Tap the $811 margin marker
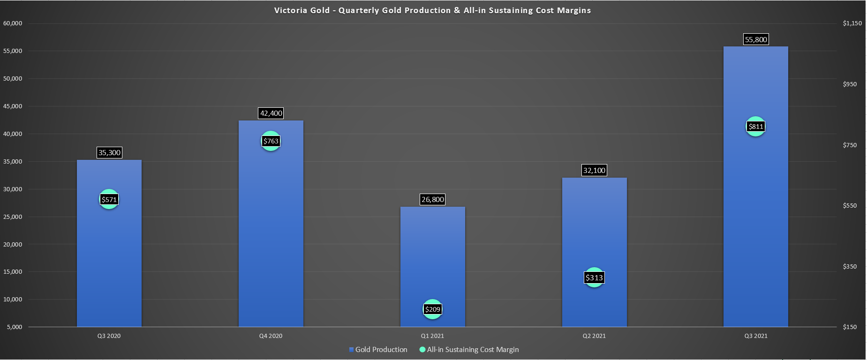[x=755, y=127]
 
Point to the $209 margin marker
[x=432, y=309]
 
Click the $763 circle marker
[x=271, y=141]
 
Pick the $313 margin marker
[x=594, y=277]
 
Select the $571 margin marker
[x=109, y=200]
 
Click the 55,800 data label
[x=755, y=40]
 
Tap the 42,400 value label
[x=271, y=113]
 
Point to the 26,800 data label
[x=432, y=200]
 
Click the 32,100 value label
[x=594, y=171]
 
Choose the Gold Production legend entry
[x=378, y=350]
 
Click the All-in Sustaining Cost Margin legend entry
[x=469, y=350]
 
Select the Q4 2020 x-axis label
[x=271, y=336]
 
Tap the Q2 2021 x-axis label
[x=594, y=336]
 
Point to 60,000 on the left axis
[x=13, y=23]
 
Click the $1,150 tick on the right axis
[x=852, y=23]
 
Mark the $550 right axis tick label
[x=849, y=206]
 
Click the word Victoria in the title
[x=290, y=10]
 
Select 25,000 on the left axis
[x=13, y=217]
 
